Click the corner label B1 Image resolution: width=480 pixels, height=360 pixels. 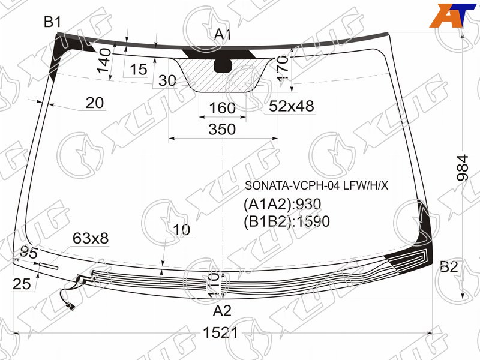[x=52, y=22]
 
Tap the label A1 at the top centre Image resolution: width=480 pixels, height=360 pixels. [x=222, y=34]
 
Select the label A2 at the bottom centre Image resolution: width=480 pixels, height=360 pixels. [x=222, y=311]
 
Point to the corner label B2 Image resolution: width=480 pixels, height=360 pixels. [x=449, y=267]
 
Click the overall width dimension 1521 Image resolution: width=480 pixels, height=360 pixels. [x=220, y=333]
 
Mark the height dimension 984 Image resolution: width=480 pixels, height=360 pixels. [x=462, y=168]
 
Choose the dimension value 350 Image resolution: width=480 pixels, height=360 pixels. [x=222, y=129]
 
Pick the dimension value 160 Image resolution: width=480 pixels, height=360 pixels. [x=222, y=108]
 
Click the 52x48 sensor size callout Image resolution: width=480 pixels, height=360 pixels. [x=292, y=106]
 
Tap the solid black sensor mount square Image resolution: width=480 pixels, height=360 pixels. [x=223, y=65]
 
